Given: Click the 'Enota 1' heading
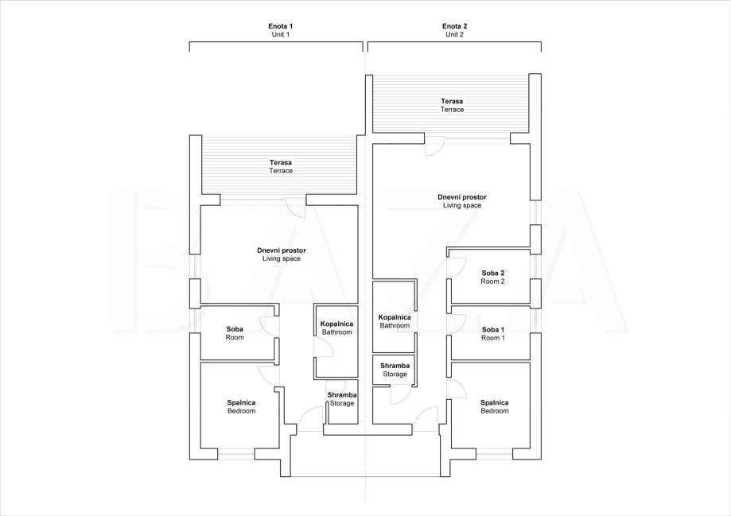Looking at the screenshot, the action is pos(281,26).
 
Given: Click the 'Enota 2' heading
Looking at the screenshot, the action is pos(454,26).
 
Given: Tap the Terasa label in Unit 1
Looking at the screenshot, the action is pos(281,163).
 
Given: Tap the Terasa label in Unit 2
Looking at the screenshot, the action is pos(453,101).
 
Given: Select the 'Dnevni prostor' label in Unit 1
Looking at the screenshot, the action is pos(282,250).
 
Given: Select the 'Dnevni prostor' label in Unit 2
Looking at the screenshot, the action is pos(462,197).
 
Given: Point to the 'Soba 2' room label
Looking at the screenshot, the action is pos(493,274).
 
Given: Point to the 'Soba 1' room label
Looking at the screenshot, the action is pos(493,329).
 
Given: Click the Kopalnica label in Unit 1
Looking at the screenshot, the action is pos(336,324).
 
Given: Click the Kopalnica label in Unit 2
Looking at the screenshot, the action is pos(395,317).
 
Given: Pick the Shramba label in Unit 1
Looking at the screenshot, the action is pos(342,395).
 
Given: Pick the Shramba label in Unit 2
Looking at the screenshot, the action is pos(395,366).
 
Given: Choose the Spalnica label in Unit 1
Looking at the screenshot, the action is pos(242,403).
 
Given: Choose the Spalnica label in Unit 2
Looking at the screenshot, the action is pos(495,403).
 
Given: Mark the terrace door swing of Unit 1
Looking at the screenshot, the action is pos(296,208).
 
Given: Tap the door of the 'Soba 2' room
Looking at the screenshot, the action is pos(455,268).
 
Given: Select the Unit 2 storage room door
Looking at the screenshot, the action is pos(401,396).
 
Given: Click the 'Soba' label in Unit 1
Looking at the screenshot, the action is pos(235,329).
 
